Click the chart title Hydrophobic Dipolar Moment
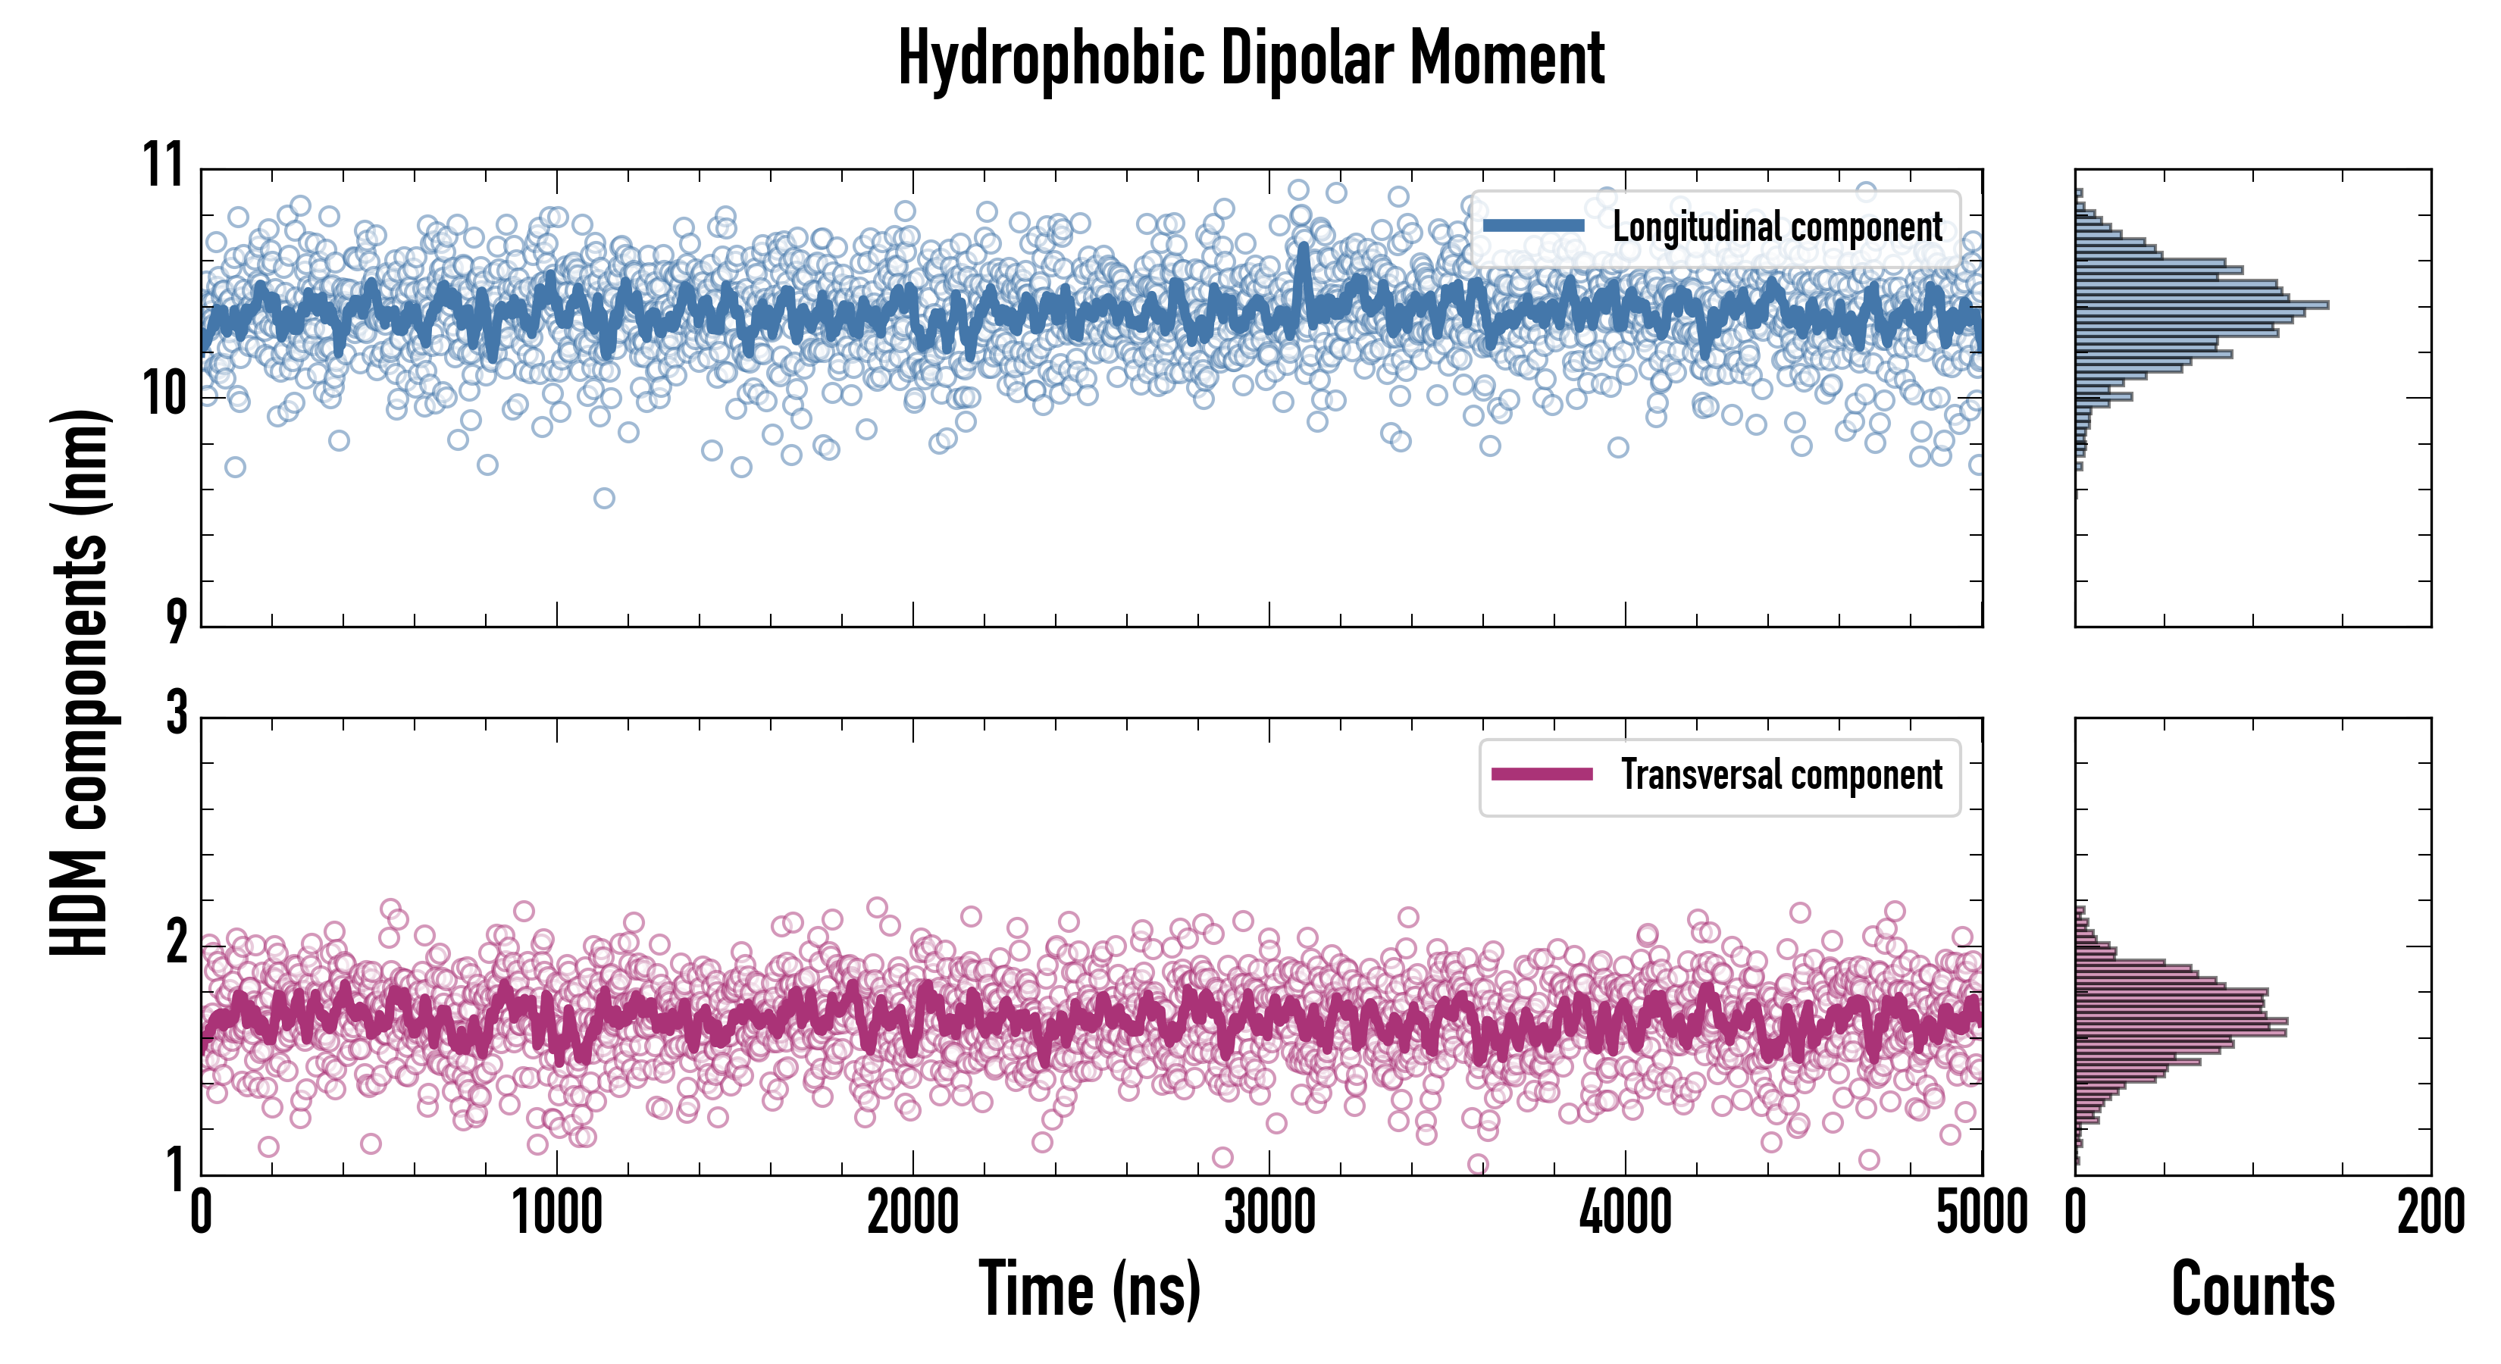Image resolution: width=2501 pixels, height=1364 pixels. tap(1250, 58)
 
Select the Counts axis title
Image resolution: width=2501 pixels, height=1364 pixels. tap(2252, 1288)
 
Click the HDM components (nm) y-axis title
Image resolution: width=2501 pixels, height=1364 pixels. tap(80, 683)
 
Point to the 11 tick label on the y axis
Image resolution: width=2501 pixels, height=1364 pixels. tap(163, 165)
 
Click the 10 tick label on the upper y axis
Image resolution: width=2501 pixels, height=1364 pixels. tap(163, 395)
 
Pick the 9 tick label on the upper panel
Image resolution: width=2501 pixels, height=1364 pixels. tap(175, 621)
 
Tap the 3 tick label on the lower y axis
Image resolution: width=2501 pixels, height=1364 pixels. tap(176, 714)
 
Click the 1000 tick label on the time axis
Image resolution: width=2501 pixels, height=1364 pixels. tap(556, 1213)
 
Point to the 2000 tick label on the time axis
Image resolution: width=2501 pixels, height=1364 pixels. tap(912, 1213)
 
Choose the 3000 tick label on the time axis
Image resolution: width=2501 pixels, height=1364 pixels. tap(1269, 1213)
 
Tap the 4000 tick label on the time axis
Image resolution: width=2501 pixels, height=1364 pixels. tap(1625, 1213)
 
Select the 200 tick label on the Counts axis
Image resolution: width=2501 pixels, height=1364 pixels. tap(2430, 1213)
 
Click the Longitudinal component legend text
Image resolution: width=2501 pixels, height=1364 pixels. tap(1776, 227)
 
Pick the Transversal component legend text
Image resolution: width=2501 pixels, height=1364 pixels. tap(1782, 774)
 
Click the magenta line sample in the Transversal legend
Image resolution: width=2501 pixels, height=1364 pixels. tap(1542, 774)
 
